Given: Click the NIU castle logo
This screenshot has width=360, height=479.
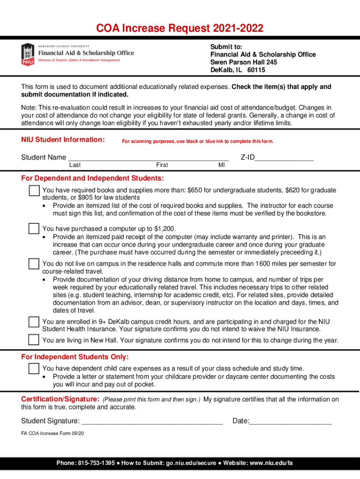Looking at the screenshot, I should pos(28,54).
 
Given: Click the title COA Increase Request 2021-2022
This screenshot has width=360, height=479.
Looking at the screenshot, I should pos(180,29).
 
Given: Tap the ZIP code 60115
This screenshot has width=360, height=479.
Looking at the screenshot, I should pos(256,70).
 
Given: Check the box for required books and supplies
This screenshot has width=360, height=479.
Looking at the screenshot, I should pos(34,191).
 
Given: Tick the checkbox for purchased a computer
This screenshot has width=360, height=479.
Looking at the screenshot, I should pos(34,229).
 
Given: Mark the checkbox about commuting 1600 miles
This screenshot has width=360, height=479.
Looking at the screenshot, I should pos(34,264).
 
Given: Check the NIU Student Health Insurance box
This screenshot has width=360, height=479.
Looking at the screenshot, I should pos(34,322).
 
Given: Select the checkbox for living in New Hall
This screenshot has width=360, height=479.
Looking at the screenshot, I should pos(34,340).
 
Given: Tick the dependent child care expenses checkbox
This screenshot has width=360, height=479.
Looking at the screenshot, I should pos(34,369).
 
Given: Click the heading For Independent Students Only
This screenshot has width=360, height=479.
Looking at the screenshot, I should pos(75,357).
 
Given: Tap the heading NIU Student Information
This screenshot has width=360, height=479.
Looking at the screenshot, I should pos(63,139).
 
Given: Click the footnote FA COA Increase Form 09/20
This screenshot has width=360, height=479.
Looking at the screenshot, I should pos(53,433).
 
